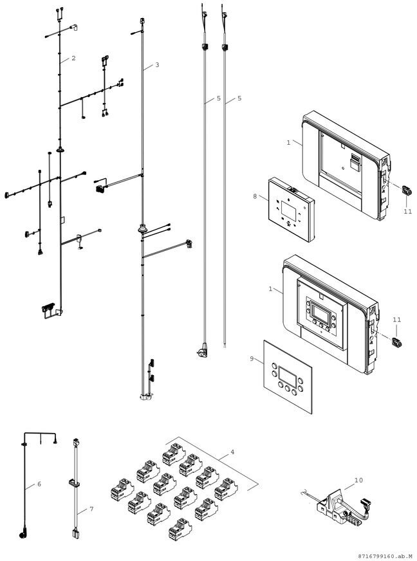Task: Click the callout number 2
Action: [x=73, y=59]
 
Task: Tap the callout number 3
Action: [x=157, y=66]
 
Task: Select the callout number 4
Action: [x=232, y=452]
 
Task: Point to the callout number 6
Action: [x=39, y=483]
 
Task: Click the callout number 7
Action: [x=91, y=509]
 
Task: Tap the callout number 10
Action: [x=358, y=480]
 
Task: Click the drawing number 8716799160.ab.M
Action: [x=384, y=555]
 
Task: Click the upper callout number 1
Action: [x=289, y=142]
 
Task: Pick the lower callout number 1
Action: [x=271, y=290]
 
